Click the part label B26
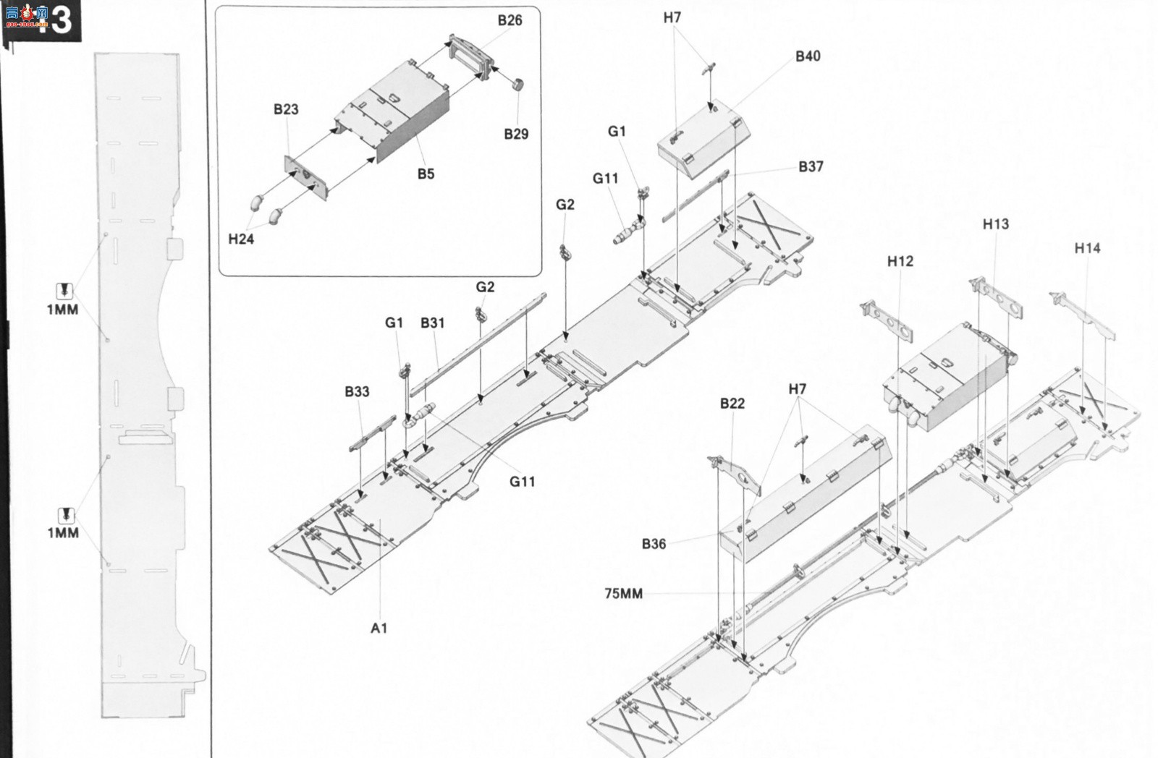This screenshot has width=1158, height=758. pyautogui.click(x=510, y=20)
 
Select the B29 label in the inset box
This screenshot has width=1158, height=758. pyautogui.click(x=516, y=134)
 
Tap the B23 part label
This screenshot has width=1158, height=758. pyautogui.click(x=286, y=109)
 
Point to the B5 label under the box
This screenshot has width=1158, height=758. pyautogui.click(x=426, y=174)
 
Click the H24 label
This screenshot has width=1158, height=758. pyautogui.click(x=241, y=239)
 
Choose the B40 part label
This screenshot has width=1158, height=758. pyautogui.click(x=808, y=56)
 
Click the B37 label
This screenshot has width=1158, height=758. pyautogui.click(x=811, y=166)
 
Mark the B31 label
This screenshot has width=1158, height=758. pyautogui.click(x=432, y=323)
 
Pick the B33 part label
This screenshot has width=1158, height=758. pyautogui.click(x=357, y=391)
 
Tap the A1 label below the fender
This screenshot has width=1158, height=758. pyautogui.click(x=379, y=628)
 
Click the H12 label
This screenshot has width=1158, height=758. pyautogui.click(x=900, y=261)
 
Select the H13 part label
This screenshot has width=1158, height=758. pyautogui.click(x=995, y=223)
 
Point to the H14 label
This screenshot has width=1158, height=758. pyautogui.click(x=1087, y=248)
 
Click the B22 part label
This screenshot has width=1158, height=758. pyautogui.click(x=732, y=403)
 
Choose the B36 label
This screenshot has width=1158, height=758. pyautogui.click(x=654, y=544)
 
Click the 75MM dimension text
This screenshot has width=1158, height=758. pyautogui.click(x=623, y=593)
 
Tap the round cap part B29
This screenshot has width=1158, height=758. pyautogui.click(x=518, y=85)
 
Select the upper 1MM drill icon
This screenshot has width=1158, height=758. pyautogui.click(x=64, y=290)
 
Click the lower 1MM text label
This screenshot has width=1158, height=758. pyautogui.click(x=63, y=532)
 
